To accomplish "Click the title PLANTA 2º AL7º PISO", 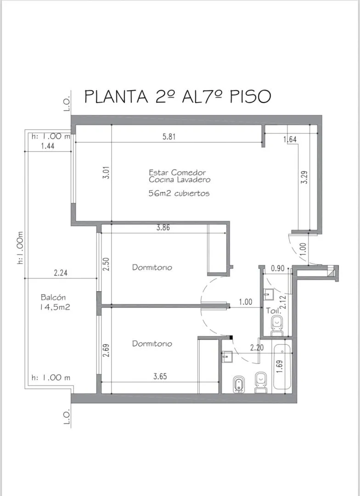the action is tap(178, 96).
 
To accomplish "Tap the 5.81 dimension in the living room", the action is tap(169, 137).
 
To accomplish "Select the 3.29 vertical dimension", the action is tap(304, 177).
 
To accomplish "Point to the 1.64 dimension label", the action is tap(290, 139).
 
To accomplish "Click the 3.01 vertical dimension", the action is tap(107, 173).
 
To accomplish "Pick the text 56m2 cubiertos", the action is tap(179, 193).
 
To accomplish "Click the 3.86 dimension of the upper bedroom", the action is tap(163, 227).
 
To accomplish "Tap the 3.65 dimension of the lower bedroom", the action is tap(160, 377).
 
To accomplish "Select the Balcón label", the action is tap(53, 297).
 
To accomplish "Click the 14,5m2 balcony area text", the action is tap(54, 307).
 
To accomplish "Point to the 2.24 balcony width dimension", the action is tap(61, 273).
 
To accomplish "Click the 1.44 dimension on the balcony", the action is tap(48, 146).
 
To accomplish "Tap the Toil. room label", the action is tap(273, 310).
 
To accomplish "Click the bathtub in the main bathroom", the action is tap(282, 366).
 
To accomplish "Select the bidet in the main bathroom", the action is tap(238, 384).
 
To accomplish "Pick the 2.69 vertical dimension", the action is tap(107, 350).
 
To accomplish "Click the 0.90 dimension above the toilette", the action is tap(278, 268).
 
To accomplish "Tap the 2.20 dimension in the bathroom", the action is tap(257, 347).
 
